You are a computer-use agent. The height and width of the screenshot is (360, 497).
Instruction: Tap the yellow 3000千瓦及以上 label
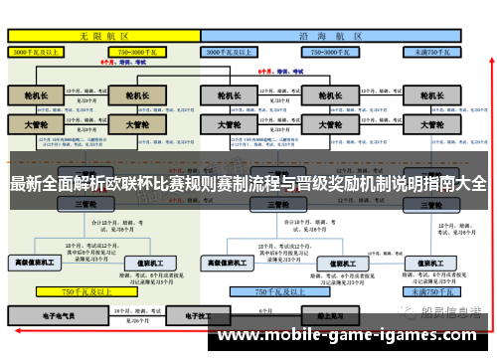click(39, 50)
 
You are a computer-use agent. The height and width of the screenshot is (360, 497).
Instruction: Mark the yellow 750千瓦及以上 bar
click(86, 292)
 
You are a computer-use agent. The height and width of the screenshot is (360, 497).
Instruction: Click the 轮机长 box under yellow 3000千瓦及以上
click(36, 96)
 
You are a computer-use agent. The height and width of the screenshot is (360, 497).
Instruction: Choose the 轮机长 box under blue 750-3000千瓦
click(323, 96)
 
